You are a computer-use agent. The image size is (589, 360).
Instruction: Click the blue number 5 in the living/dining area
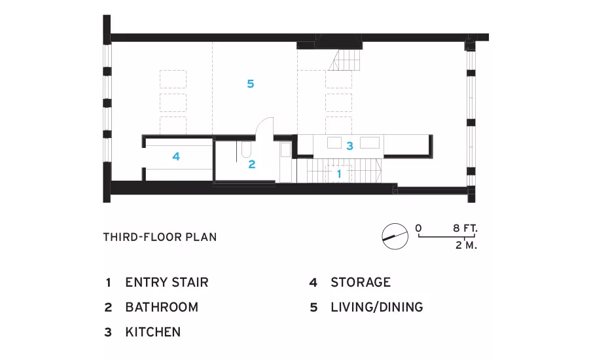[251, 83]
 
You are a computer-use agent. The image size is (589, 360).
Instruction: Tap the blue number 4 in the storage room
[176, 156]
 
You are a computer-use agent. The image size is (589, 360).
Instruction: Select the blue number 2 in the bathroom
[252, 164]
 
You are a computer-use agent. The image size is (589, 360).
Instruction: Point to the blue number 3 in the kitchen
[349, 146]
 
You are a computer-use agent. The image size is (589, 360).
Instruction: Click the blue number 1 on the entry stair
[339, 173]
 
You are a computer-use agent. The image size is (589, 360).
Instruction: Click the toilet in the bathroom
[246, 149]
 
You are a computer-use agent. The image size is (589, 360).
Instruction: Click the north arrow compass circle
[395, 236]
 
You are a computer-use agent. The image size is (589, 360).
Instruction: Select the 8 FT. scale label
[465, 228]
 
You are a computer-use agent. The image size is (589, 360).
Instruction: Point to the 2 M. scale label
[466, 245]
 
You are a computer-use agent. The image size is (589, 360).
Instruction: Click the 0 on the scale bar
[418, 228]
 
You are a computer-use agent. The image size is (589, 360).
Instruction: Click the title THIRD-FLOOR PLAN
[160, 237]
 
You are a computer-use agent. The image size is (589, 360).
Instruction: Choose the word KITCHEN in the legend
[153, 332]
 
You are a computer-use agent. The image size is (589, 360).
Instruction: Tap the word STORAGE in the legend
[361, 282]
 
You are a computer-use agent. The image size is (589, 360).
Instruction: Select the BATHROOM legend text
[162, 307]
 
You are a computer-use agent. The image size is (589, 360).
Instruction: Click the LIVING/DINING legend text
[377, 307]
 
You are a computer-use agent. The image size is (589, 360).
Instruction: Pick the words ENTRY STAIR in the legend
[167, 282]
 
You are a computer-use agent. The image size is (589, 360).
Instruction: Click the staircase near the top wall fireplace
[345, 60]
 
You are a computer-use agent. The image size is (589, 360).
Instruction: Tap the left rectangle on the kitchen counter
[334, 143]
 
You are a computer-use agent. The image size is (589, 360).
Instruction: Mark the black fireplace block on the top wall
[339, 41]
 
